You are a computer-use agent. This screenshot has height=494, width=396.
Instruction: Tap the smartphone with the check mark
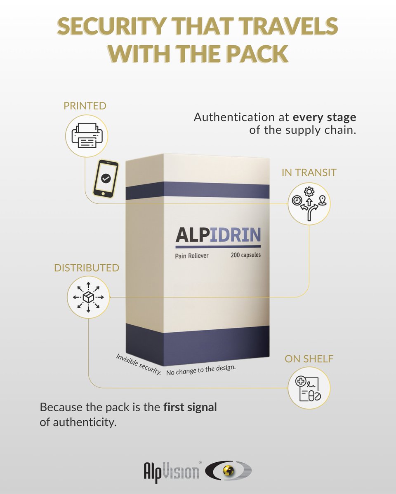(x=106, y=178)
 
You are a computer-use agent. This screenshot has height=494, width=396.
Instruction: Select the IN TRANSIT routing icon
(x=309, y=203)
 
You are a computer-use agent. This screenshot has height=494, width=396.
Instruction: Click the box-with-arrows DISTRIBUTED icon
(x=88, y=297)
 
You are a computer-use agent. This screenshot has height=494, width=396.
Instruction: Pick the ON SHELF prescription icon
(x=309, y=388)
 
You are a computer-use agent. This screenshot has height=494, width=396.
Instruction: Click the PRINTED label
(x=85, y=106)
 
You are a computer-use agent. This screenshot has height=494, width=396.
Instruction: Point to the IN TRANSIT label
(x=309, y=172)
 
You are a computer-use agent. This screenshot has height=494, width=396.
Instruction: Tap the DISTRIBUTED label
(x=87, y=268)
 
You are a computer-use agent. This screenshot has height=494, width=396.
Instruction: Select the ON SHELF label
(x=309, y=359)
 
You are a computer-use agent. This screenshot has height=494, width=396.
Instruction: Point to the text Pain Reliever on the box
(x=192, y=256)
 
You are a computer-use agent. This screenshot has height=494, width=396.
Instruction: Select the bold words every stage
(x=324, y=117)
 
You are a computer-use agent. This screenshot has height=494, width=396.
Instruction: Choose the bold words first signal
(x=190, y=408)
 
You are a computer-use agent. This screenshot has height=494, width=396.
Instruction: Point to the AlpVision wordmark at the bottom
(x=171, y=471)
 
